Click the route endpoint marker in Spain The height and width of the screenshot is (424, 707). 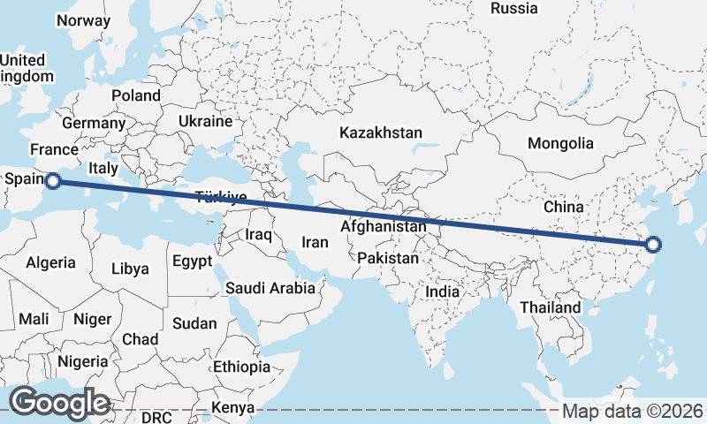pyautogui.click(x=52, y=181)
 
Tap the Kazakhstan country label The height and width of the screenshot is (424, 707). pyautogui.click(x=381, y=132)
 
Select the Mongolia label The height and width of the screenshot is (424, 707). pyautogui.click(x=560, y=143)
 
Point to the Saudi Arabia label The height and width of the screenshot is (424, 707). pyautogui.click(x=270, y=288)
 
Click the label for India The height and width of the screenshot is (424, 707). pyautogui.click(x=442, y=291)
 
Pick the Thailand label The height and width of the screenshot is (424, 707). pyautogui.click(x=551, y=307)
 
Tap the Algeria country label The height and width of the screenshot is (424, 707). pyautogui.click(x=50, y=262)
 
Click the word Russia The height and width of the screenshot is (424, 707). pyautogui.click(x=513, y=9)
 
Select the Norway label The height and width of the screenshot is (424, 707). pyautogui.click(x=83, y=20)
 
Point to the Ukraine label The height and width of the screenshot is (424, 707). pyautogui.click(x=205, y=121)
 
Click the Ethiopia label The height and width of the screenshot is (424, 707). pyautogui.click(x=241, y=367)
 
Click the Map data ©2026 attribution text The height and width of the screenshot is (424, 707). pyautogui.click(x=633, y=411)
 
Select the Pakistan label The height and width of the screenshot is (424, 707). pyautogui.click(x=388, y=259)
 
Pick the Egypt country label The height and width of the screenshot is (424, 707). pyautogui.click(x=192, y=261)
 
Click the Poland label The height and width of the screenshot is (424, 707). pyautogui.click(x=136, y=95)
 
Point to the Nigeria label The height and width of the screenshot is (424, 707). pyautogui.click(x=83, y=361)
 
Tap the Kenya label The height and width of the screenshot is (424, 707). pyautogui.click(x=233, y=408)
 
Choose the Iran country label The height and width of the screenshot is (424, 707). pyautogui.click(x=315, y=242)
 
